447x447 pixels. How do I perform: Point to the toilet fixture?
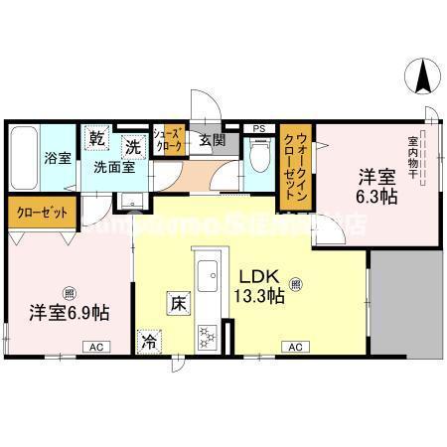coord(258,156)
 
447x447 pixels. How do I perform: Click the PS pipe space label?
coord(259,129)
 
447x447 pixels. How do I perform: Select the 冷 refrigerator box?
coord(148,341)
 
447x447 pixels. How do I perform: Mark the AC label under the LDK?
coord(295,347)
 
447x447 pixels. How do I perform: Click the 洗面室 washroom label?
coord(115,167)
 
